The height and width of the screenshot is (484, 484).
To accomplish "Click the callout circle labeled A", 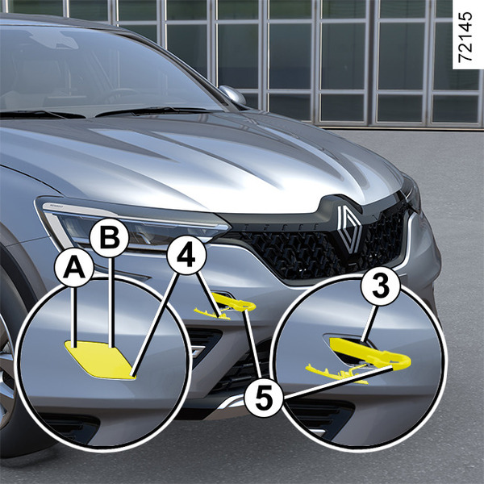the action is (73, 268).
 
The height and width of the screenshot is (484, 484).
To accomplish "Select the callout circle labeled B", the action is (109, 238).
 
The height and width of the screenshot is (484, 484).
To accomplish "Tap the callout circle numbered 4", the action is (186, 255).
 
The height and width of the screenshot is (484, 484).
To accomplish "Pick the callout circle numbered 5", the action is (264, 396).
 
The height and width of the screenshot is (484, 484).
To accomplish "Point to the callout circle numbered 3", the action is (381, 286).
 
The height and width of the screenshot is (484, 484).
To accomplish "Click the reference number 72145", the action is (465, 37).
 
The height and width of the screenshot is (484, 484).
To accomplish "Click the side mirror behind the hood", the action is (233, 94).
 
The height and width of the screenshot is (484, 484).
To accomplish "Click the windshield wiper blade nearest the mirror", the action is (152, 111).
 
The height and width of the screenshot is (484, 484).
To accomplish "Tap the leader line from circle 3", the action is (369, 323).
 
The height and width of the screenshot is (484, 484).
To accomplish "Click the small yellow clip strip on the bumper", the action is (212, 313).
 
